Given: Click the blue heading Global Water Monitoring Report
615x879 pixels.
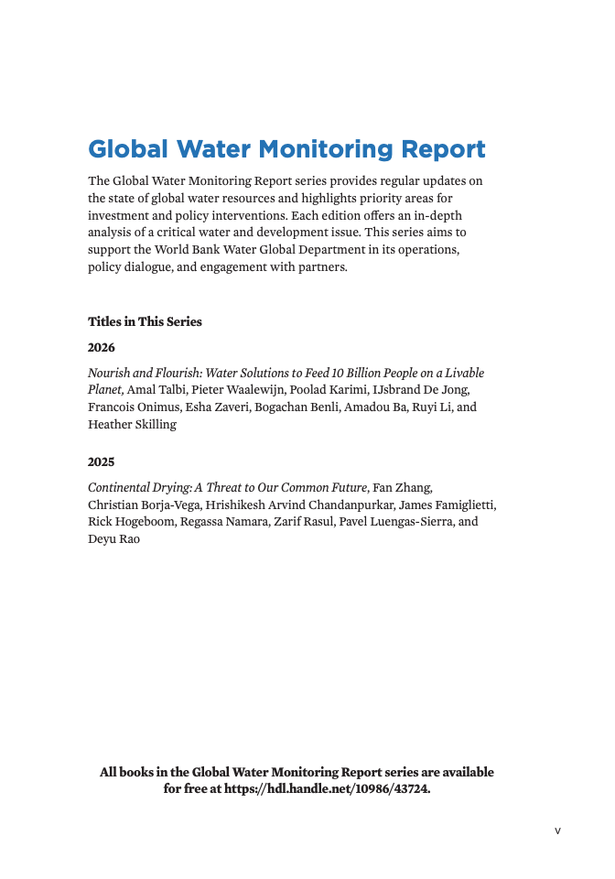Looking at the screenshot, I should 286,149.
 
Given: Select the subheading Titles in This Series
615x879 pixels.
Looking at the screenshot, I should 145,321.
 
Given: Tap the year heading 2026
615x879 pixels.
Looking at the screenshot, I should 102,348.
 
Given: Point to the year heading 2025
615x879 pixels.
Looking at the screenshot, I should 102,462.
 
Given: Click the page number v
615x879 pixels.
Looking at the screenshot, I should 557,830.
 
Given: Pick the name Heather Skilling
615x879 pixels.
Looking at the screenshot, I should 132,425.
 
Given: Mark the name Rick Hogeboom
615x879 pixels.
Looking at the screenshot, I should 128,522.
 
